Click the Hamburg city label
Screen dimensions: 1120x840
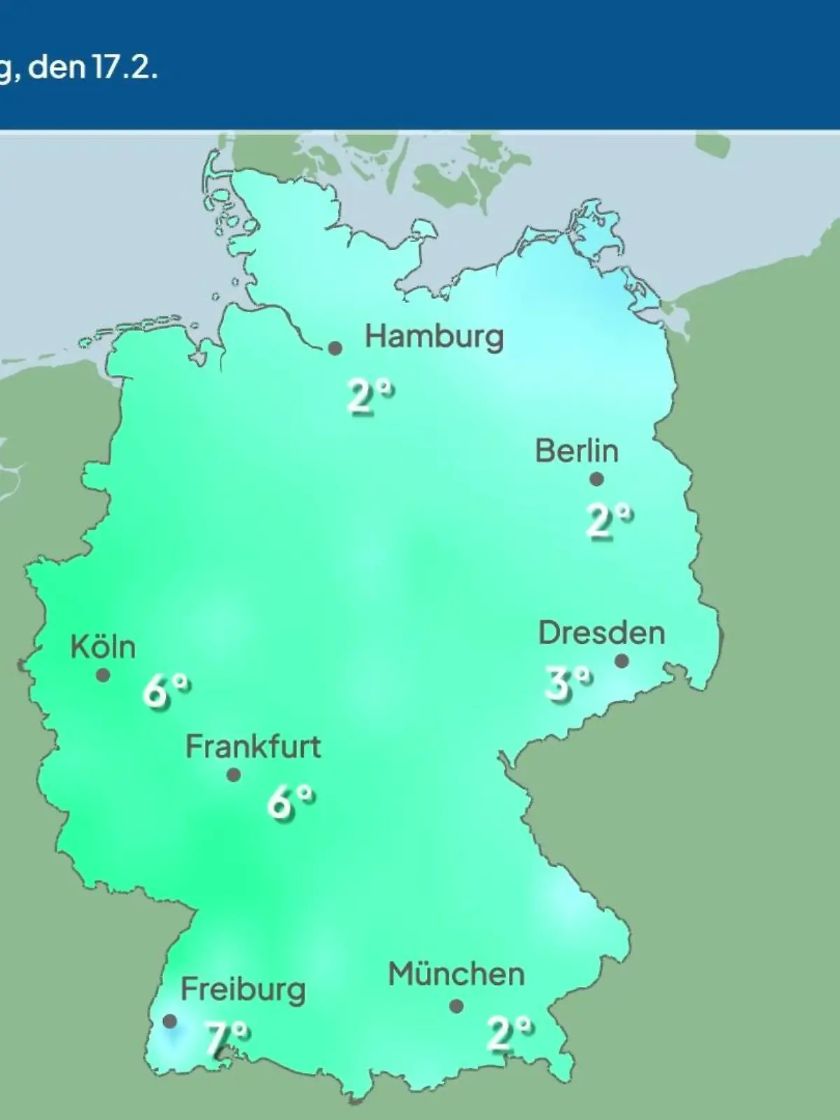434,337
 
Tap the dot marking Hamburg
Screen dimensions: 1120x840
335,348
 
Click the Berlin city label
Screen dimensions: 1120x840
577,451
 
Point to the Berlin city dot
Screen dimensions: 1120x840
596,479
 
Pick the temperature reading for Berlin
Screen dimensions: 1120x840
608,521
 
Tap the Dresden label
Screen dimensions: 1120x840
601,633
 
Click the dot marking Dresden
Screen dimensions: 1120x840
622,661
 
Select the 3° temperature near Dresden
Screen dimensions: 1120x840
568,683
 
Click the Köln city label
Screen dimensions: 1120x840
103,647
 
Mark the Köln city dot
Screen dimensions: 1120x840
103,675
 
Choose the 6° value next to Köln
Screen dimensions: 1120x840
167,692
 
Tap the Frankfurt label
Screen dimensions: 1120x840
253,748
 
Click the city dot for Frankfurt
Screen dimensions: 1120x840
234,775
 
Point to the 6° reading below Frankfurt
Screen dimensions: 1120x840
290,802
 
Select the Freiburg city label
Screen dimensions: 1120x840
243,990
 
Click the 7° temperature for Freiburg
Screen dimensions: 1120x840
227,1038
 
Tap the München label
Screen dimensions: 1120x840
456,974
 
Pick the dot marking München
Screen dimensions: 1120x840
456,1007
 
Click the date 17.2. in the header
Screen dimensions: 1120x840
123,69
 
